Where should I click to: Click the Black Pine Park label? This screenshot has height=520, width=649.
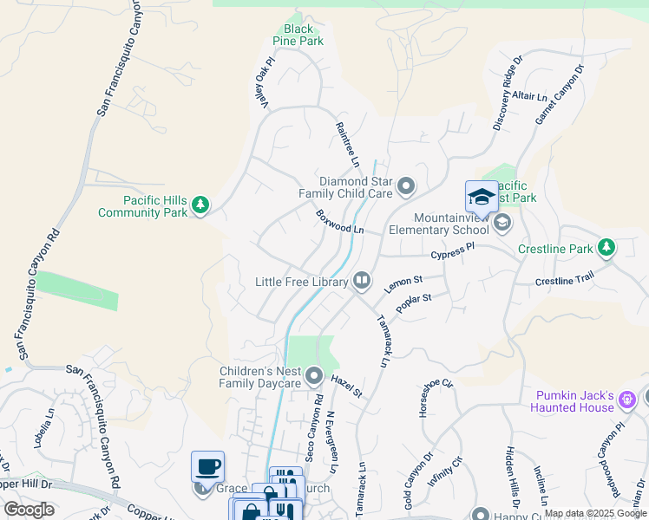tap(298, 35)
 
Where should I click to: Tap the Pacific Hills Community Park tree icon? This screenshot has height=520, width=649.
tap(201, 205)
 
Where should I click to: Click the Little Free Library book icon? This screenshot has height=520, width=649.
tap(361, 281)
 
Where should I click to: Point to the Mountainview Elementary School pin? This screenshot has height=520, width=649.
tap(501, 224)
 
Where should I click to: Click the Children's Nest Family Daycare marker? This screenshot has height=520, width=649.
tap(314, 376)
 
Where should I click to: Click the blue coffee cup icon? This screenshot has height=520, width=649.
tap(208, 466)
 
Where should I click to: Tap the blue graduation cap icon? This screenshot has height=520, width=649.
tap(482, 197)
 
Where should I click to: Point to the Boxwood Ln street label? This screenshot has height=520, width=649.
tap(338, 221)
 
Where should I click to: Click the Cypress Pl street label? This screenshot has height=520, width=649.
tap(454, 251)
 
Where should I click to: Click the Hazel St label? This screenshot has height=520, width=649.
tap(346, 380)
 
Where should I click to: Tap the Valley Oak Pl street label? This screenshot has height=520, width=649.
tap(264, 83)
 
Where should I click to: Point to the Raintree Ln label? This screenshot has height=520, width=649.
tap(347, 144)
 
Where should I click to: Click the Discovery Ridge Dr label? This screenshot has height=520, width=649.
tap(508, 94)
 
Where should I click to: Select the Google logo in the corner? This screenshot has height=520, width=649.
tap(29, 510)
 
